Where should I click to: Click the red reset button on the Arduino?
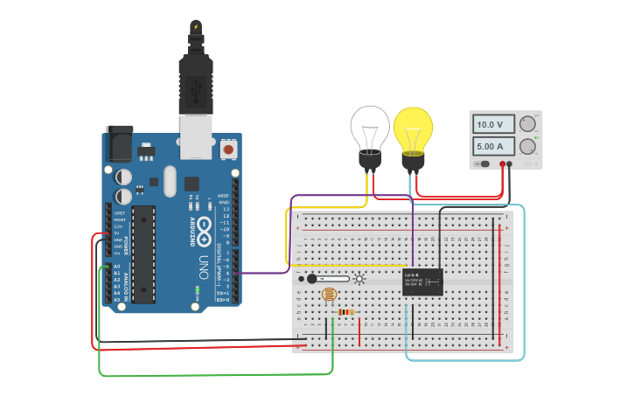tap(229, 149)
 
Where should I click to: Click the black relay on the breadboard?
tap(422, 281)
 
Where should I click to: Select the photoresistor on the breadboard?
tap(329, 295)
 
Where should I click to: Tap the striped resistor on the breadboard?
tap(346, 312)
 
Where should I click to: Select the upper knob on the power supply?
tap(527, 124)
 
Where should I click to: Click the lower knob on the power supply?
tap(527, 146)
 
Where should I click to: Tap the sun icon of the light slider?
tap(359, 279)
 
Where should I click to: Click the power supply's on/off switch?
tap(483, 163)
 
